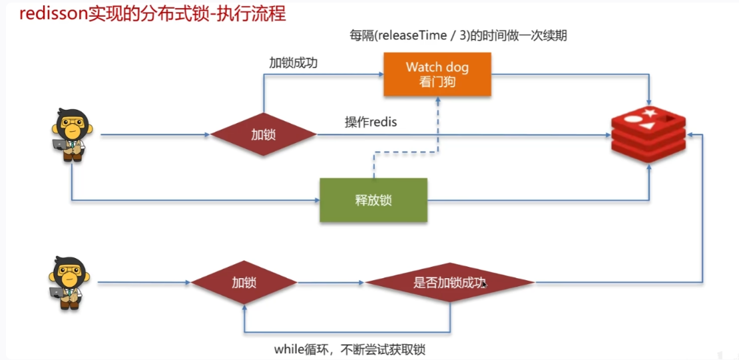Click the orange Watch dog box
pos(437,74)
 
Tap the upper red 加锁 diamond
pos(264,134)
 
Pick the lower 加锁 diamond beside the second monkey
pos(244,282)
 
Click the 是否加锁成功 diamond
pos(449,283)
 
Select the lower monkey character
pos(69,282)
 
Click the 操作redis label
pos(371,122)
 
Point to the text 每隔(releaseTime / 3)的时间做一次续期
pos(459,35)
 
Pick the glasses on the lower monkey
pos(68,271)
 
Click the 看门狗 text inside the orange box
pos(437,81)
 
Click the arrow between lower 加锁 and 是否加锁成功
pos(331,283)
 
